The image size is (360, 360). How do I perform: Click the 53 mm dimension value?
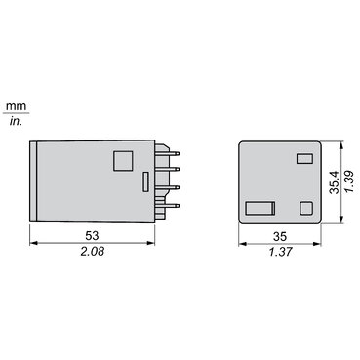pos(92,235)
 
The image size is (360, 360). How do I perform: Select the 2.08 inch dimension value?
pos(93,251)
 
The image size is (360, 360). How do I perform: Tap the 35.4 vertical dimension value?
pos(335,182)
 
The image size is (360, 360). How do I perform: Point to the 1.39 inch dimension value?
pos(350,182)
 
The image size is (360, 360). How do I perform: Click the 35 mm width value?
pos(280,236)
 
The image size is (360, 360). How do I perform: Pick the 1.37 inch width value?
pos(281,252)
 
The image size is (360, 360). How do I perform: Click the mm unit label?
pos(16,106)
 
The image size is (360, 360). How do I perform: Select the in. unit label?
pos(16,121)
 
